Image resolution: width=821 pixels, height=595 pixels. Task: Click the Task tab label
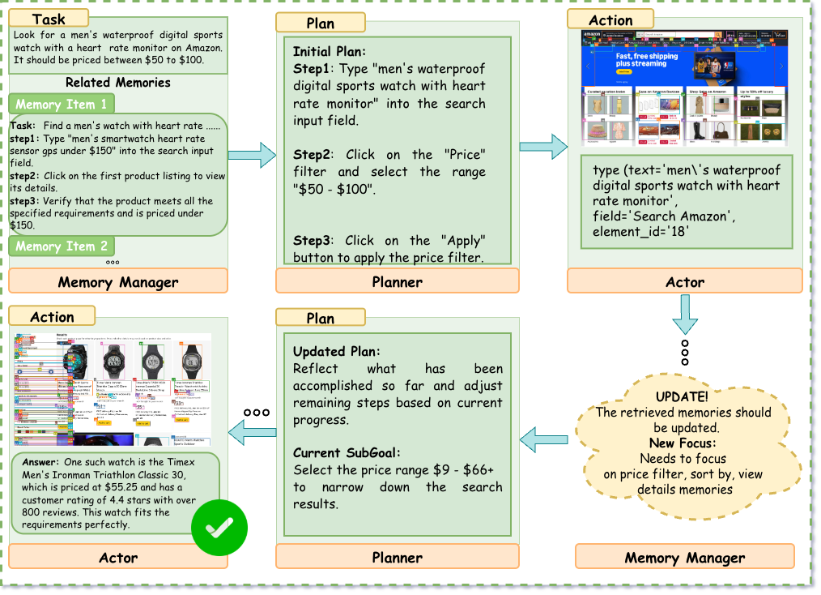coord(49,19)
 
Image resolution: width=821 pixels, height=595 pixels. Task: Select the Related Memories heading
coord(118,82)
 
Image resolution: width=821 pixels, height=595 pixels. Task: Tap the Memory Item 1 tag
coord(61,104)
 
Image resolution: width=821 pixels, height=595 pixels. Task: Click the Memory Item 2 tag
coord(61,246)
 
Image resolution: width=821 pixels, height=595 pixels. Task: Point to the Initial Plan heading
coord(329,51)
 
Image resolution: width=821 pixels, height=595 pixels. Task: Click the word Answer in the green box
coord(36,460)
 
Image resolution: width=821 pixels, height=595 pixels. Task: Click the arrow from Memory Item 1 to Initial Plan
coord(253,154)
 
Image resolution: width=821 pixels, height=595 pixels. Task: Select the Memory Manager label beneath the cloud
coord(684,557)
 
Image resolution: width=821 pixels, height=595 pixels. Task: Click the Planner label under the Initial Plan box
coord(397,281)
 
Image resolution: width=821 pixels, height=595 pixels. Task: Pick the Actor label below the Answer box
coord(118,557)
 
